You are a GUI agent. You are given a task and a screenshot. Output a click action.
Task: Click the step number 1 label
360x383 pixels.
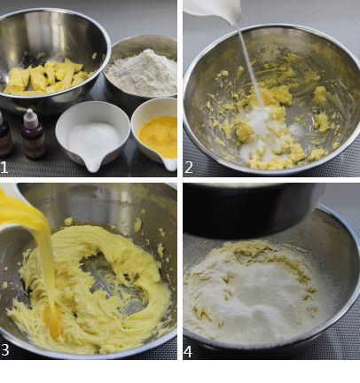click(4, 168)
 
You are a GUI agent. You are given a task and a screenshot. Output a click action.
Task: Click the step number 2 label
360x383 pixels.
click(189, 168)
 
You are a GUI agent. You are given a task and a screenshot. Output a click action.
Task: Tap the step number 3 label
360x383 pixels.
click(5, 349)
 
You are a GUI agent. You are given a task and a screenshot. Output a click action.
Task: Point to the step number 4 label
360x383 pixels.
click(188, 352)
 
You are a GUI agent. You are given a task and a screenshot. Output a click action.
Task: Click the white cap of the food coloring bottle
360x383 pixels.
click(29, 115)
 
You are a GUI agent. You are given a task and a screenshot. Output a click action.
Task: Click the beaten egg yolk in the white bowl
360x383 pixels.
click(159, 135)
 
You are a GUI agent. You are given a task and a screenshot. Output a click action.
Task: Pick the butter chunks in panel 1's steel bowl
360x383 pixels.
click(47, 77)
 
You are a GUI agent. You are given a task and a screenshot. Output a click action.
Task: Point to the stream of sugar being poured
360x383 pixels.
click(250, 64)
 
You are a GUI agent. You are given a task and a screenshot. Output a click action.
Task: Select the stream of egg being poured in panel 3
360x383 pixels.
click(44, 260)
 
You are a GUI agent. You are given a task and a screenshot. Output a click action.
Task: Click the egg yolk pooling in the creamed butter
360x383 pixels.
click(53, 321)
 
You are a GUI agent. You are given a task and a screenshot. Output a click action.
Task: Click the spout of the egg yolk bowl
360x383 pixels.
click(170, 165)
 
